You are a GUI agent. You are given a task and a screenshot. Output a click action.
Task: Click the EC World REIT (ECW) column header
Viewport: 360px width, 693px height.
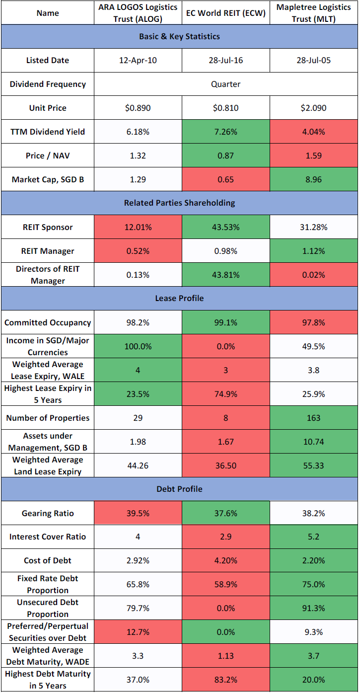tap(226, 13)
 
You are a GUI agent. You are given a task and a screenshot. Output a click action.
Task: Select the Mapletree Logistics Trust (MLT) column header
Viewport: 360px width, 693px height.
tap(313, 13)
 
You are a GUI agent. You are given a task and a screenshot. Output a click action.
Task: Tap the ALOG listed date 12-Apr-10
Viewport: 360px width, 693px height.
tap(138, 61)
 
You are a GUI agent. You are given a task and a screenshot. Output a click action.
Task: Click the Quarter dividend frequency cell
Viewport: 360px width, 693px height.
tap(225, 84)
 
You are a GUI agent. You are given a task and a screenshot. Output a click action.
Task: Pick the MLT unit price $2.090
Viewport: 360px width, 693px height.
tap(313, 108)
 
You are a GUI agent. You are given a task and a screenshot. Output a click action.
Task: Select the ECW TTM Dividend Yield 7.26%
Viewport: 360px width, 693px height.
tap(225, 132)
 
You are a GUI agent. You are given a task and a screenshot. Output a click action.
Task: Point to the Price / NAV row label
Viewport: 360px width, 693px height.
tap(47, 156)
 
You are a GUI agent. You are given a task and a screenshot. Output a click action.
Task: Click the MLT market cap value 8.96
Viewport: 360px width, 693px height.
tap(313, 180)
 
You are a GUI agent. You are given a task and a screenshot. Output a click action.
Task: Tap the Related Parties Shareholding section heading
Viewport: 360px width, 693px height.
tap(179, 203)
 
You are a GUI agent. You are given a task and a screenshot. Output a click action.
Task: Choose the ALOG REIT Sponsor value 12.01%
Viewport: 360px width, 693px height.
tap(138, 228)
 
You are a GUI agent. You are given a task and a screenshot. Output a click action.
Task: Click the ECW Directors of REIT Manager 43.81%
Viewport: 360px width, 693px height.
tap(225, 275)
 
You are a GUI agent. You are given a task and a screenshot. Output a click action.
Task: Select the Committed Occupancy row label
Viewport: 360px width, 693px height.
tap(47, 323)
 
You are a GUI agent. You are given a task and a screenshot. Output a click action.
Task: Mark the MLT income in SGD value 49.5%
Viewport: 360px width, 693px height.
tap(313, 346)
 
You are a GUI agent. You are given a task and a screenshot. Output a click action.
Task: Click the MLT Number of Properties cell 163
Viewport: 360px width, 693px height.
tap(313, 418)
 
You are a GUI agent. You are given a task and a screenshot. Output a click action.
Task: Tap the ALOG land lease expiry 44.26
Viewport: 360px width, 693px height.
tap(138, 465)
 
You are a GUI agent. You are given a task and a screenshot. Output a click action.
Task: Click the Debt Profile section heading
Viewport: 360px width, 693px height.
tap(179, 489)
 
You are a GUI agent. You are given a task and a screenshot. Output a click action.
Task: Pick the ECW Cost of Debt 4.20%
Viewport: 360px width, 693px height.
tap(225, 561)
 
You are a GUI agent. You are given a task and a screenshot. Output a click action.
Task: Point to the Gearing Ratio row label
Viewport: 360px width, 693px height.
tap(47, 513)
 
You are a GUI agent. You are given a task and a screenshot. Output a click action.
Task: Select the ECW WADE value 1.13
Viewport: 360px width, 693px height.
tap(225, 656)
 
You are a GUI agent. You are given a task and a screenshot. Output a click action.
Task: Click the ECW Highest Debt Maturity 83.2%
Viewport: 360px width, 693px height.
tap(225, 680)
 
